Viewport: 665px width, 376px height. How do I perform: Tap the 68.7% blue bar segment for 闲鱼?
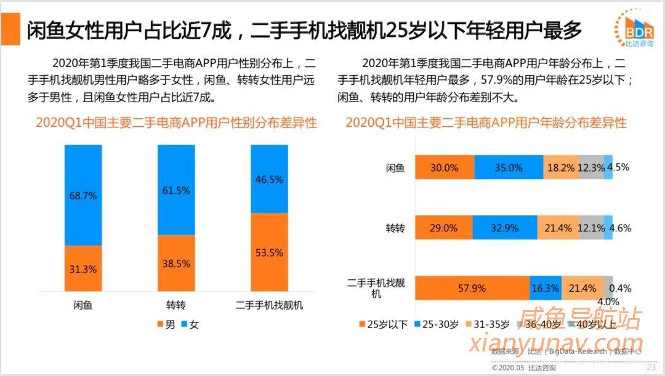tap(83, 195)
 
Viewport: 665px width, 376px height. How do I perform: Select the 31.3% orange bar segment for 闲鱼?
tap(83, 268)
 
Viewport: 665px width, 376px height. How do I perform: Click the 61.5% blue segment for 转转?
tap(176, 190)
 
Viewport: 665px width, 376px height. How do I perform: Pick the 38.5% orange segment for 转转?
tap(176, 263)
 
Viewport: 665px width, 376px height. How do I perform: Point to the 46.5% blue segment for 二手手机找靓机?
tap(269, 179)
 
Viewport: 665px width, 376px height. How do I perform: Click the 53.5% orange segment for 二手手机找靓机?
tap(269, 252)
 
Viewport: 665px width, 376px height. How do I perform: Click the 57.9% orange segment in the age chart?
tap(472, 288)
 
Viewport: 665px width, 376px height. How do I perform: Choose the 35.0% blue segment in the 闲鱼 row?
tap(509, 167)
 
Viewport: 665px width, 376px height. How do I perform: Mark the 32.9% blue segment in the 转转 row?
tap(507, 228)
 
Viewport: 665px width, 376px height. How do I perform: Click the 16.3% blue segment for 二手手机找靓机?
tap(545, 288)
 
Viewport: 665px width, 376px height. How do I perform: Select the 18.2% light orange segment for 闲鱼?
tap(562, 167)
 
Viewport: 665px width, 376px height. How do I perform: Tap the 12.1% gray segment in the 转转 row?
tap(591, 228)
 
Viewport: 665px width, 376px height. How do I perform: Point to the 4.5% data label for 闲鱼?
tap(618, 167)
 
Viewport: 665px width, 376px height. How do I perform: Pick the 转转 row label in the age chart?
tap(395, 228)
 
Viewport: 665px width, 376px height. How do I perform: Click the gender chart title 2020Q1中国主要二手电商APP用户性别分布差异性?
tap(176, 122)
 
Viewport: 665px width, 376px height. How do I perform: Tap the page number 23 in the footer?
tap(650, 367)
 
